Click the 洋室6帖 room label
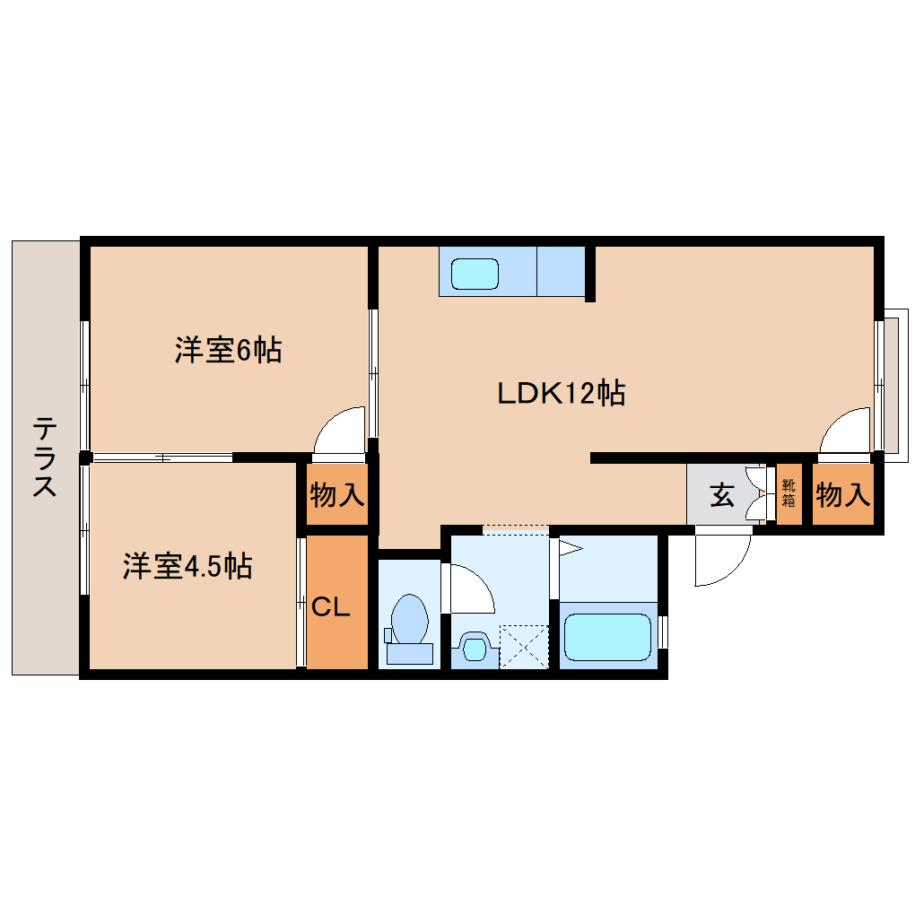228,350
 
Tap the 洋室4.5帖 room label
187,566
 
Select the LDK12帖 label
562,393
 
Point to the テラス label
44,457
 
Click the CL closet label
330,607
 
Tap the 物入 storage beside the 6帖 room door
337,495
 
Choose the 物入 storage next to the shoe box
843,495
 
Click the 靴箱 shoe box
789,493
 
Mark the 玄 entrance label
722,495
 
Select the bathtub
607,637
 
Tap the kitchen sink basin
475,274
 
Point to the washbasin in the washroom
475,647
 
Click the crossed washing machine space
524,647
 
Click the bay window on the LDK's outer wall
891,386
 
